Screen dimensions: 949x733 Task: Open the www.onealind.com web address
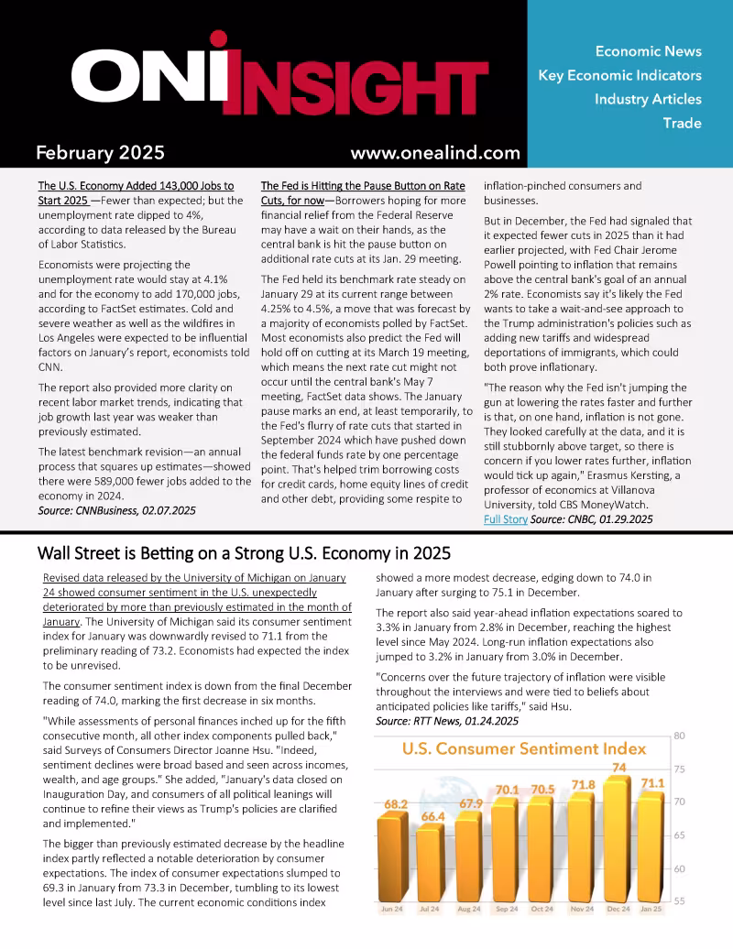434,153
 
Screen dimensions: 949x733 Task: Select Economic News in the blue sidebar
648,51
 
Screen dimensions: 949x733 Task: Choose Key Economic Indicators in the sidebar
619,75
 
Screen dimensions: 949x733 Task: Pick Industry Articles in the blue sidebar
647,99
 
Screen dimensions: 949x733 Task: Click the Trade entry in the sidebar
682,123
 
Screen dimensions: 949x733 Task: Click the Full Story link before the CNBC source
505,519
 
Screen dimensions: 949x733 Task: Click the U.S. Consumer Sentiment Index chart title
524,748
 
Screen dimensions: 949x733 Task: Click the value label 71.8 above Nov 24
584,784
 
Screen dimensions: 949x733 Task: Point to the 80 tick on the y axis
680,736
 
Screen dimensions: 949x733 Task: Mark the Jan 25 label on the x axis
652,910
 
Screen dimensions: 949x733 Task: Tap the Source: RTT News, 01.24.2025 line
447,722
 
